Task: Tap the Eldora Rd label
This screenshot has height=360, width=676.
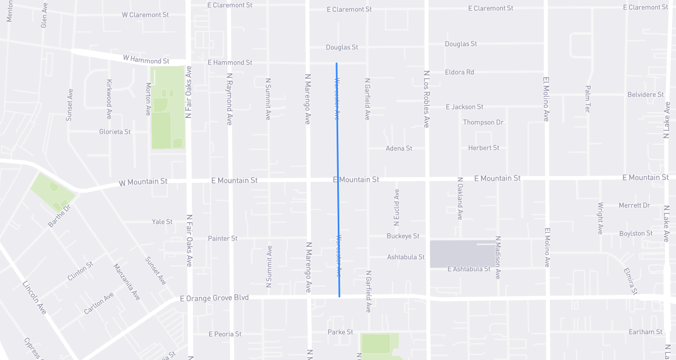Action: coord(459,72)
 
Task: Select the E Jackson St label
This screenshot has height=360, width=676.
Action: coord(464,106)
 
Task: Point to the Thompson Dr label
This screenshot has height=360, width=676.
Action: coord(483,122)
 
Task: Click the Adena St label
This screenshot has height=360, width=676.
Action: coord(399,148)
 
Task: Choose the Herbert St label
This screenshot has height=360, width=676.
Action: coord(484,148)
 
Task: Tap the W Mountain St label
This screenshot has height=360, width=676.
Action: coord(143,182)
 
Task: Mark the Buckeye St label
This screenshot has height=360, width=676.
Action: coord(403,236)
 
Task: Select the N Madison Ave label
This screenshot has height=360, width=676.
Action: coord(498,258)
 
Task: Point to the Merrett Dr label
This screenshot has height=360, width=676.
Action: coord(634,205)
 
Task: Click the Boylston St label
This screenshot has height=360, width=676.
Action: coord(636,233)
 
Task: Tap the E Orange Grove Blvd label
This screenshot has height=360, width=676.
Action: coord(214,298)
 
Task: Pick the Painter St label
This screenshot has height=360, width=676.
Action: coord(222,238)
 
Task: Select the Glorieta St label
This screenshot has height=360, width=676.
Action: coord(115,132)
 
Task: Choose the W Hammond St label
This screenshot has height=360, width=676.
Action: coord(146,59)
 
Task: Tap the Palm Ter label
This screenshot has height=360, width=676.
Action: coord(588,99)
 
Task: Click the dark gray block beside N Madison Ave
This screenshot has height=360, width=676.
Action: coord(461,254)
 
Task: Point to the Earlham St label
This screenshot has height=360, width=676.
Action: coord(645,332)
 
